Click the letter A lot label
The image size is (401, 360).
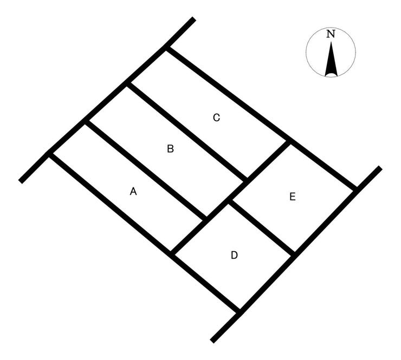point(133,191)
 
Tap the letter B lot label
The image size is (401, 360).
point(170,149)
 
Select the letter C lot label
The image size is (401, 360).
point(216,117)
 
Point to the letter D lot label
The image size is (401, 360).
point(234,255)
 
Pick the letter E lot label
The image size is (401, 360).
point(293,197)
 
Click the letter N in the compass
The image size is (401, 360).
point(331,34)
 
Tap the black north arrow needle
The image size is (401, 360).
point(331,59)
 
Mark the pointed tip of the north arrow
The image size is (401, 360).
point(331,42)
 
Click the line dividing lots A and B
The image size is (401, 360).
point(146,170)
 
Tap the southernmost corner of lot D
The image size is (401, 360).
point(240,312)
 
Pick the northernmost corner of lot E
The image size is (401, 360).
point(288,142)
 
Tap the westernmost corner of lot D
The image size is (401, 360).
point(172,253)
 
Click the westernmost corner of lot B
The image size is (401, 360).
point(87,122)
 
